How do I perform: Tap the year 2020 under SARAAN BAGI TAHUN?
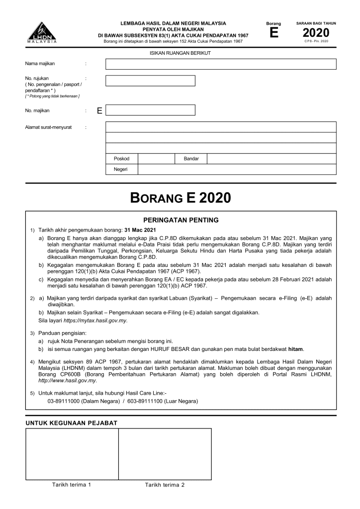pos(316,33)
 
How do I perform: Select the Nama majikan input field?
pos(221,64)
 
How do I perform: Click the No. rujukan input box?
pos(150,81)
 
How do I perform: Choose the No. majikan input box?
pos(150,110)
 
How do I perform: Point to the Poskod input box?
pos(156,159)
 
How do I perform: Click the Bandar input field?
pos(271,159)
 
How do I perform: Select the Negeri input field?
pos(237,169)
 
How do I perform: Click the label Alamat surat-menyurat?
pos(48,127)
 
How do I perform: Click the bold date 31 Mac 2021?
pos(140,230)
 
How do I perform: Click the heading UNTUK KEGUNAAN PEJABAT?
pos(72,423)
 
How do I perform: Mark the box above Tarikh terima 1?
pos(72,454)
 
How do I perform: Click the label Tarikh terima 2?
pos(165,485)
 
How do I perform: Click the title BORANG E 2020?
pos(180,198)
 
